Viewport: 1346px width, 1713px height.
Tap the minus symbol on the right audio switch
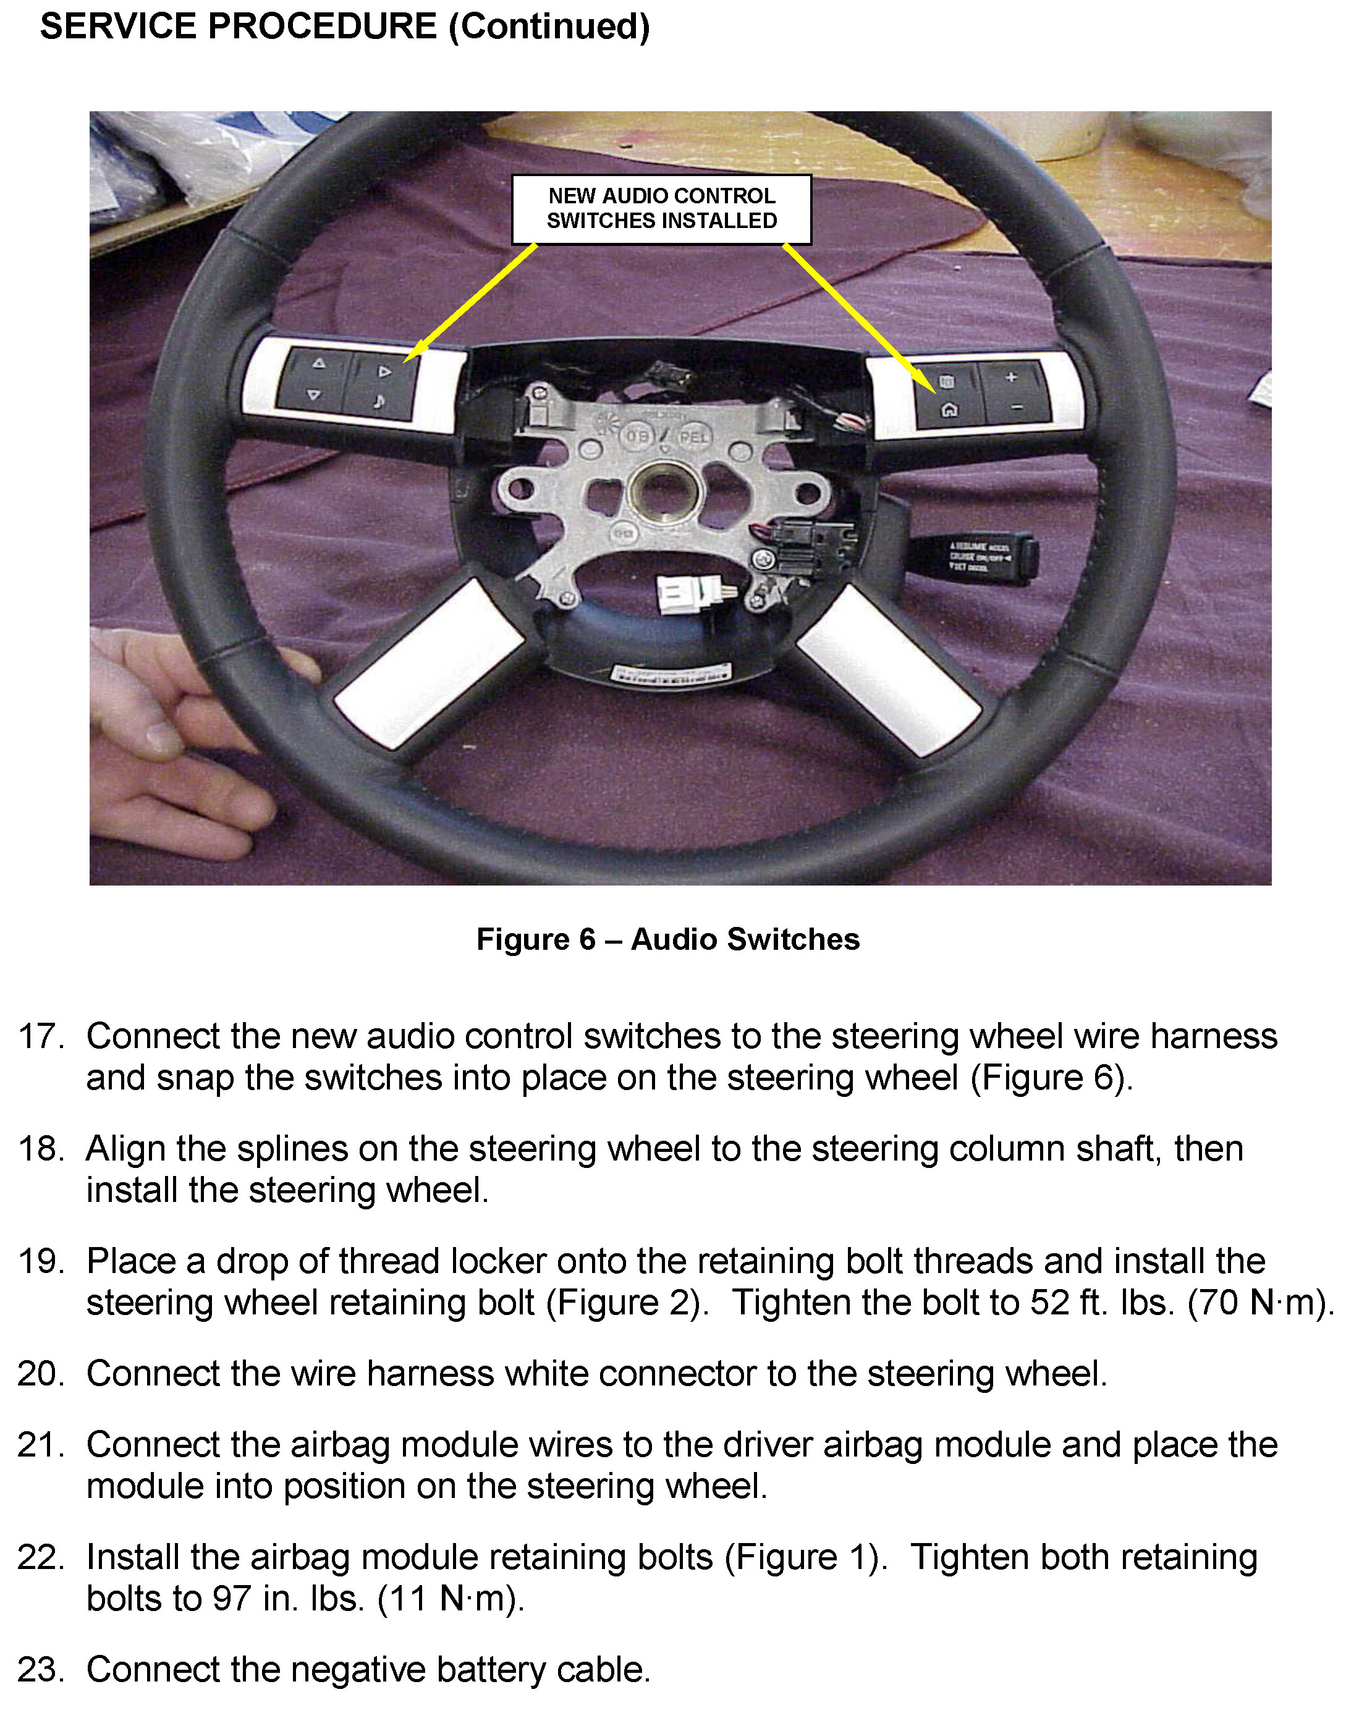click(1017, 407)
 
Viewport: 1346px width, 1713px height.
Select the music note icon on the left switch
click(380, 401)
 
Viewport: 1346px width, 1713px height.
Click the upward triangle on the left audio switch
click(318, 364)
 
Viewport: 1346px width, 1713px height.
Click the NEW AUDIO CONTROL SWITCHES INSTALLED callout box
click(661, 209)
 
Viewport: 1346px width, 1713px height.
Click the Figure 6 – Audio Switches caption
click(667, 939)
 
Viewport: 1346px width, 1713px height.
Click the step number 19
click(40, 1261)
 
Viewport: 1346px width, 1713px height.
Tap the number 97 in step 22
click(231, 1599)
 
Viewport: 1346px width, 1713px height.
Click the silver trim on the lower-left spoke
click(430, 664)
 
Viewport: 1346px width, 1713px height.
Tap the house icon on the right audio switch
click(950, 410)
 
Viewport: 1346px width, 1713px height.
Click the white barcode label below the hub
click(671, 674)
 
